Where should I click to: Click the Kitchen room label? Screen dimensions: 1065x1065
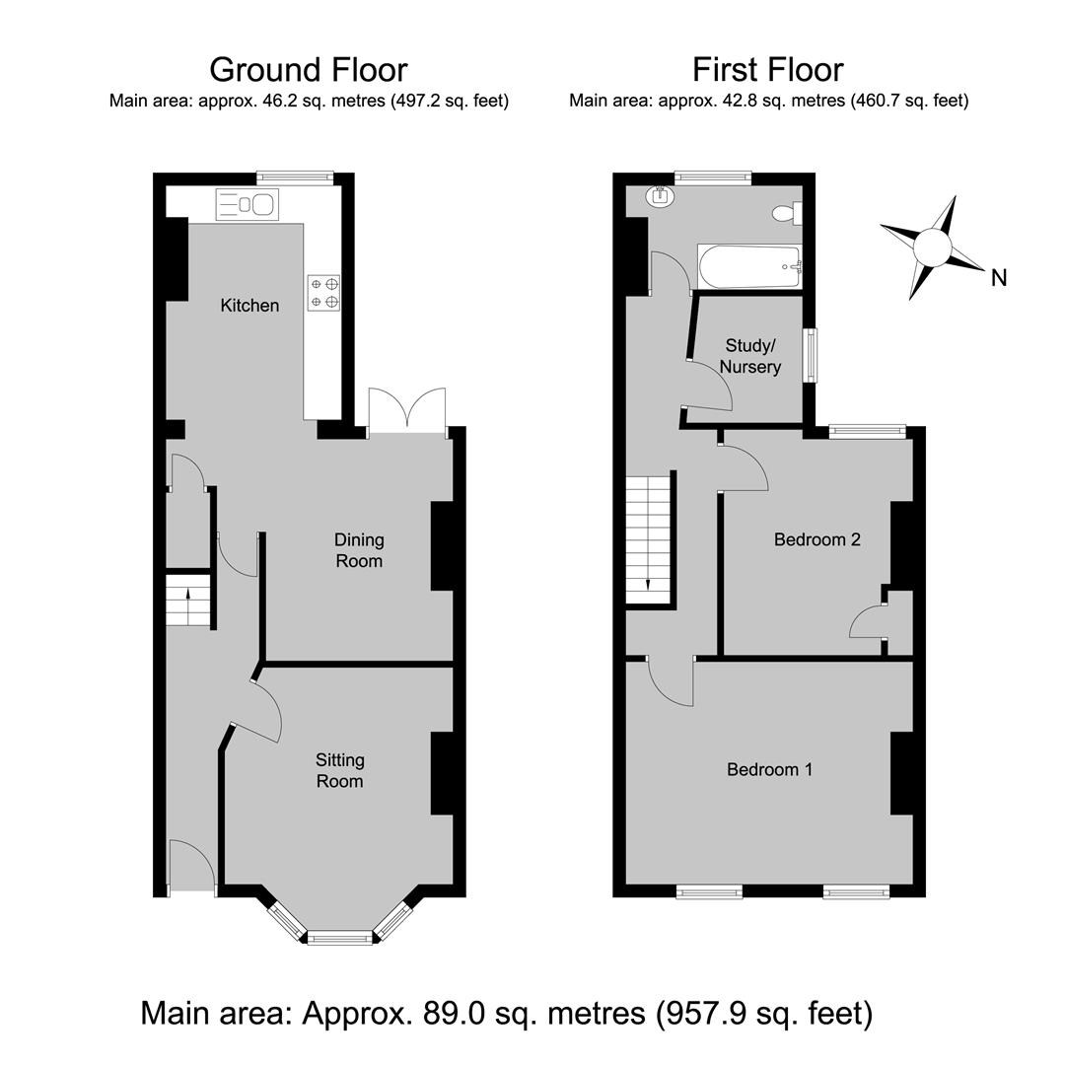click(249, 306)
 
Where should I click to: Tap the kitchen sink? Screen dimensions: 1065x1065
click(248, 204)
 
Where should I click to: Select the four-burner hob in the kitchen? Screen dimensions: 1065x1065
click(323, 293)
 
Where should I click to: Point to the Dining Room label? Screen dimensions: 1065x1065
click(359, 550)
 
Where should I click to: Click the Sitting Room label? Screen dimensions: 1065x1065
click(339, 770)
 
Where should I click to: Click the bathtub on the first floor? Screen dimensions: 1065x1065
click(749, 267)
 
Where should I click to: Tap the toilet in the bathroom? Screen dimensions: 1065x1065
click(787, 213)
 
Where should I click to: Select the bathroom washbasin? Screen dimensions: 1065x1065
click(661, 195)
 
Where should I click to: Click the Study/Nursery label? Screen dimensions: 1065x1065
click(749, 357)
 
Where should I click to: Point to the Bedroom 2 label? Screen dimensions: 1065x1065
click(817, 539)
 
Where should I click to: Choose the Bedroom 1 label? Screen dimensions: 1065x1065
click(769, 769)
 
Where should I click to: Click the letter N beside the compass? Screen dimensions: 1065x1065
click(998, 278)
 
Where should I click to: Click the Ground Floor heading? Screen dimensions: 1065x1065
click(309, 69)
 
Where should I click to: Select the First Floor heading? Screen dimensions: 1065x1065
click(768, 69)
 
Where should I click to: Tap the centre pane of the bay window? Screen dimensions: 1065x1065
click(340, 939)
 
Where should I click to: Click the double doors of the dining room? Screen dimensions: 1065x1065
click(407, 409)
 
